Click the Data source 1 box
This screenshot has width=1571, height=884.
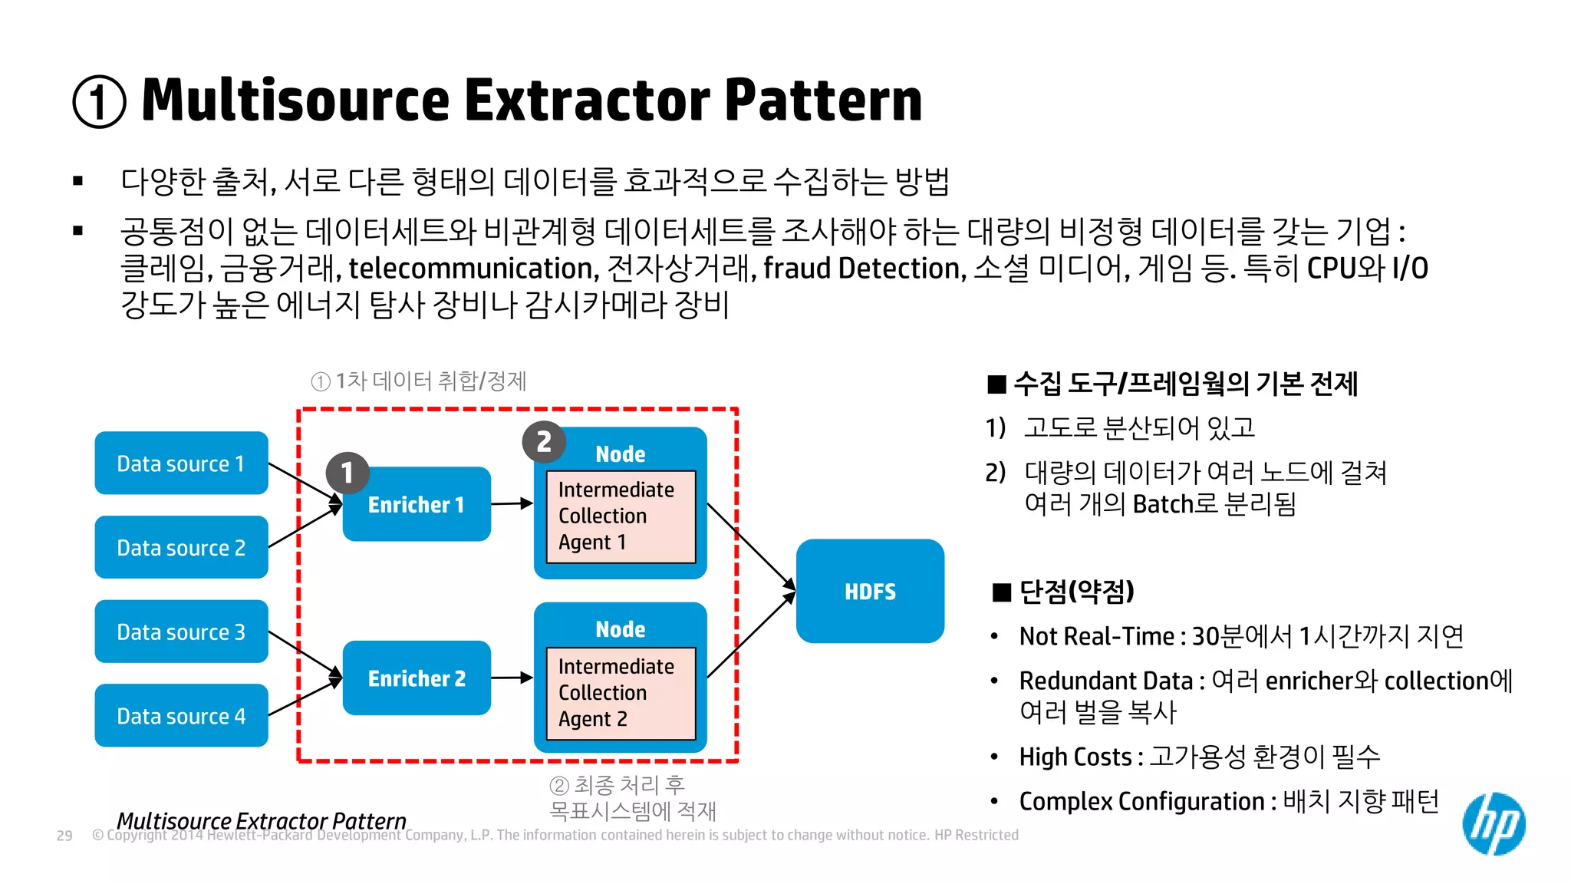pyautogui.click(x=181, y=463)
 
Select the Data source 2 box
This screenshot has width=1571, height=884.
pyautogui.click(x=181, y=547)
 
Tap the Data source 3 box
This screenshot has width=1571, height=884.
pyautogui.click(x=181, y=632)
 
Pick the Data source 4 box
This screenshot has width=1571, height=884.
pyautogui.click(x=181, y=716)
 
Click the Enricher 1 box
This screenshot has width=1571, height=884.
pyautogui.click(x=417, y=505)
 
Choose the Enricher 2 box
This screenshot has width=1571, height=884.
pyautogui.click(x=417, y=678)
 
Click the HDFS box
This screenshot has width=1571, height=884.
pyautogui.click(x=870, y=592)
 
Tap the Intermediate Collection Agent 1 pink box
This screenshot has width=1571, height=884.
pyautogui.click(x=620, y=516)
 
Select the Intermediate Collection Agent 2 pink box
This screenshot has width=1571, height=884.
pyautogui.click(x=620, y=693)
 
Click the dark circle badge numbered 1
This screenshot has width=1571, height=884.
pyautogui.click(x=347, y=473)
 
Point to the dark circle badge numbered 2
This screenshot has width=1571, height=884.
pyautogui.click(x=544, y=442)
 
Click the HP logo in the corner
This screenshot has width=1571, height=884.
pyautogui.click(x=1494, y=823)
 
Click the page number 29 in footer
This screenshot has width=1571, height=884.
pyautogui.click(x=64, y=836)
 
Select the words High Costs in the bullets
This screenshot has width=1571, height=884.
pyautogui.click(x=1075, y=757)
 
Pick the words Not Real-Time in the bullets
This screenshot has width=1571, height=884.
pyautogui.click(x=1096, y=636)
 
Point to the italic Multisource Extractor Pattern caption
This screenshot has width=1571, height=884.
pyautogui.click(x=261, y=820)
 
